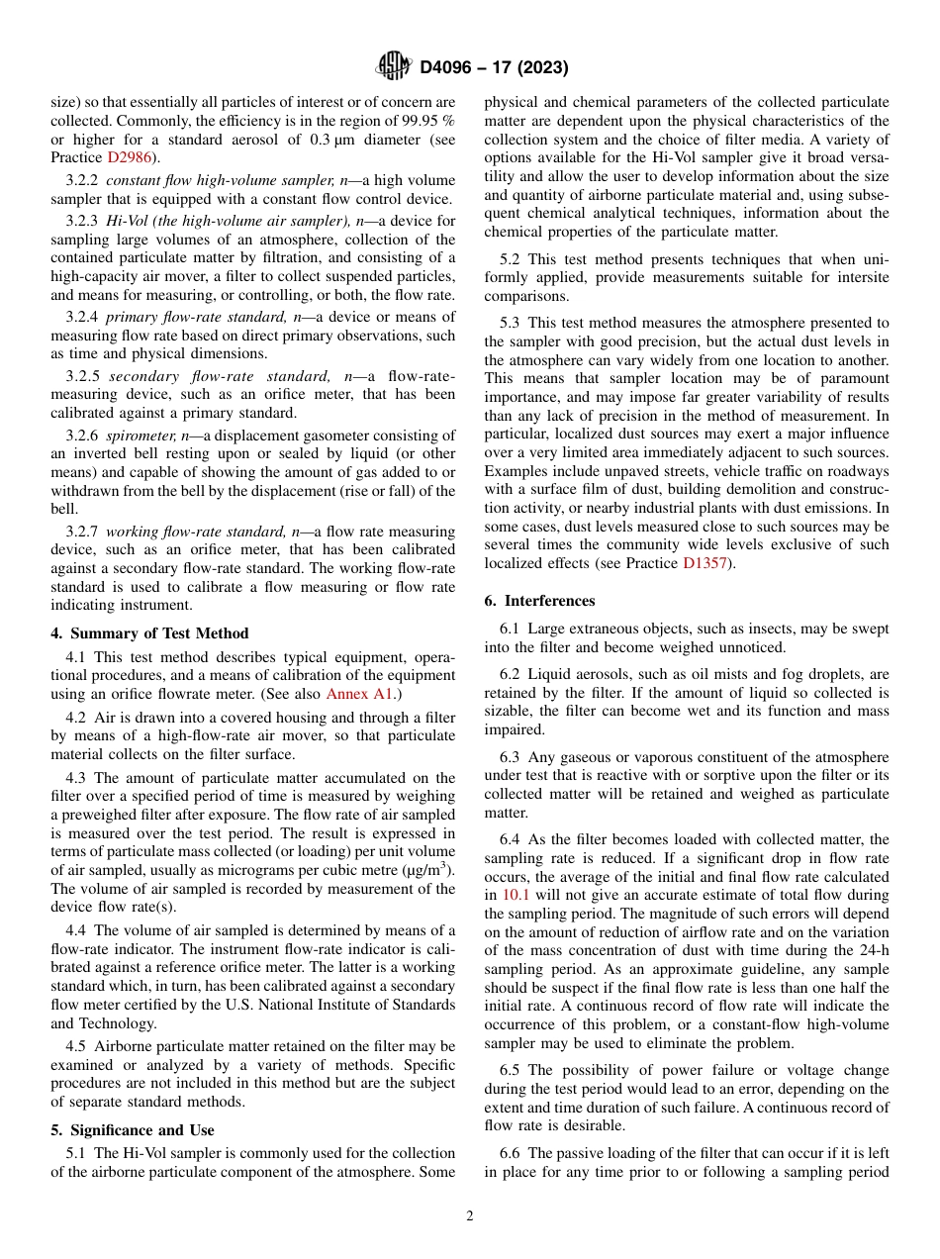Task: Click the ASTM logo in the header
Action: [x=394, y=67]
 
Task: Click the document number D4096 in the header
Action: [x=450, y=68]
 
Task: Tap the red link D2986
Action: [x=131, y=157]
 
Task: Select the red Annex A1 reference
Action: [x=361, y=694]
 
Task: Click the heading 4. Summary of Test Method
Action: [x=149, y=633]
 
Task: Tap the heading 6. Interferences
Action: [x=539, y=601]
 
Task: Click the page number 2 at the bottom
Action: [x=470, y=1216]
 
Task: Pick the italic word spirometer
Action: [x=139, y=436]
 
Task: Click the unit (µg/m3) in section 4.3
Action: [x=422, y=870]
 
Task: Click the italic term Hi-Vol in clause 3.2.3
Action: [x=127, y=221]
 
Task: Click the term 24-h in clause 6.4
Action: [x=870, y=950]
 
